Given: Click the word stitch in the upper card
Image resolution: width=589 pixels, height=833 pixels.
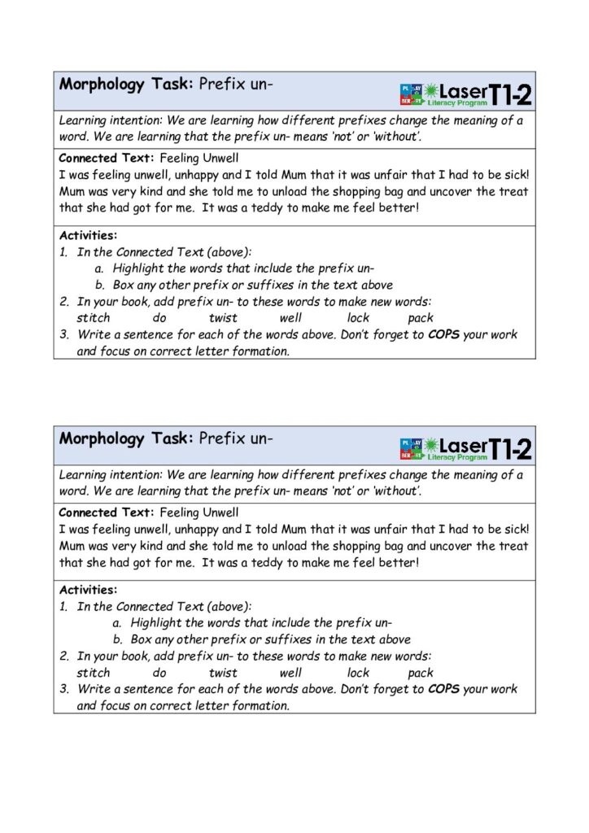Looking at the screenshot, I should [94, 318].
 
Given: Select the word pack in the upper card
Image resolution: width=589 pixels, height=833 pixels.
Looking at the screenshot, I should [421, 318].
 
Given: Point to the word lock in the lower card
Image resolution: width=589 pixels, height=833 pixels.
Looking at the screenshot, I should [358, 673].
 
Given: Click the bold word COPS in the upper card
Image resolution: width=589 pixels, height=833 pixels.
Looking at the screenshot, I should [443, 334].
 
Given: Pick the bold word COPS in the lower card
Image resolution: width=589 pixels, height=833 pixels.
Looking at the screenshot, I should [443, 689].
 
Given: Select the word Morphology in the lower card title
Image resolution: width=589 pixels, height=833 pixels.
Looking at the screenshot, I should [101, 439].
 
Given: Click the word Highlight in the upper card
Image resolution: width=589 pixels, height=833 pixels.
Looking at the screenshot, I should [139, 268].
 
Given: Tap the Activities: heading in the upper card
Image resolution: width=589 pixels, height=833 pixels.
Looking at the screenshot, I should [88, 236].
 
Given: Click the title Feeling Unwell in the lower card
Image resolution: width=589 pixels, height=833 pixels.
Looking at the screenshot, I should [199, 512].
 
